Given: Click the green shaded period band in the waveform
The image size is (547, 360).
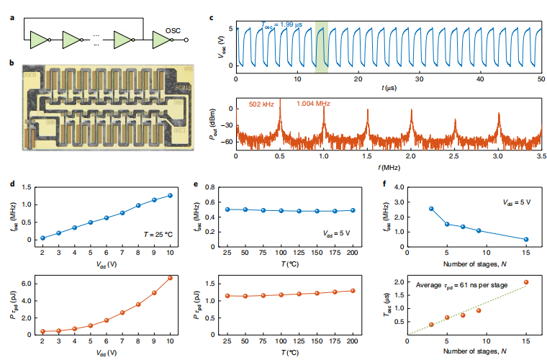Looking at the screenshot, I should (322, 47).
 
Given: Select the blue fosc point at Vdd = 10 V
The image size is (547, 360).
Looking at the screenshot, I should (171, 195).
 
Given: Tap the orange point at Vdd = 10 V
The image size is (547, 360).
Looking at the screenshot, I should (171, 278).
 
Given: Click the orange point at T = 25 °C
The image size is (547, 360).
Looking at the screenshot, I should (227, 296).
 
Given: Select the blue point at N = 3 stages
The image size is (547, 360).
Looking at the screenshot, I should (431, 209).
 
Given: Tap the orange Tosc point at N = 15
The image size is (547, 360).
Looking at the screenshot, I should (526, 282).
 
